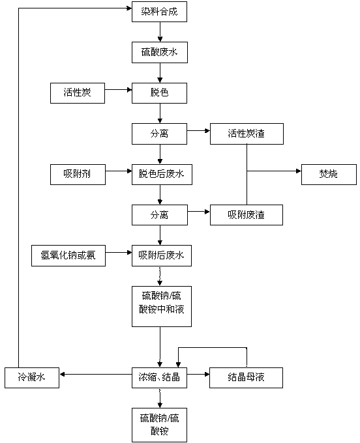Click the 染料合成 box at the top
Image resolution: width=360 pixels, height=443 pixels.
[159, 12]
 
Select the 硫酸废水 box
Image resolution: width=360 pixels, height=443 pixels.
[160, 53]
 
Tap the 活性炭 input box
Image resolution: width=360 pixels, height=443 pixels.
[78, 93]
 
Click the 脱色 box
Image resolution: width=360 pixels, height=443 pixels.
[159, 93]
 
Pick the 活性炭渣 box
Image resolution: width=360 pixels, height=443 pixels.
[247, 134]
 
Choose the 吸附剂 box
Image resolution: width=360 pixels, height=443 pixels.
[78, 175]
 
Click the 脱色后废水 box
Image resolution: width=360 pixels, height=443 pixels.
[162, 175]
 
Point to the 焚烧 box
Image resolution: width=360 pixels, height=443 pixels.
[329, 175]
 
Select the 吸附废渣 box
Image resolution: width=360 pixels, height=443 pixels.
[247, 215]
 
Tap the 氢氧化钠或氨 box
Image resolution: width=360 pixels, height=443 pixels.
[68, 255]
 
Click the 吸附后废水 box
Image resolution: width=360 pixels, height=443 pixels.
[162, 255]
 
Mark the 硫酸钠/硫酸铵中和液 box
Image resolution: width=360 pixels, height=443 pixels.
[162, 307]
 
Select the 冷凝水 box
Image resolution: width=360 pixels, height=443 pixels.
[32, 378]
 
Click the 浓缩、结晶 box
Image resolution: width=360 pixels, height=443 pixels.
[159, 378]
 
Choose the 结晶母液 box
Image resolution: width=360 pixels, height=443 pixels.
[246, 378]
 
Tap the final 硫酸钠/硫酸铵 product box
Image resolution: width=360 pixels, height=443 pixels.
[159, 425]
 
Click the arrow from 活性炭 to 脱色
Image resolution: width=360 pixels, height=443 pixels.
[118, 90]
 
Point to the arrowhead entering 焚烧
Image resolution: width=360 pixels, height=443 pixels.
[299, 171]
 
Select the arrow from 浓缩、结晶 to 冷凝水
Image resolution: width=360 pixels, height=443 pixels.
[96, 375]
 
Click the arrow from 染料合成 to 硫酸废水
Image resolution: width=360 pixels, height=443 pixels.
[160, 32]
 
